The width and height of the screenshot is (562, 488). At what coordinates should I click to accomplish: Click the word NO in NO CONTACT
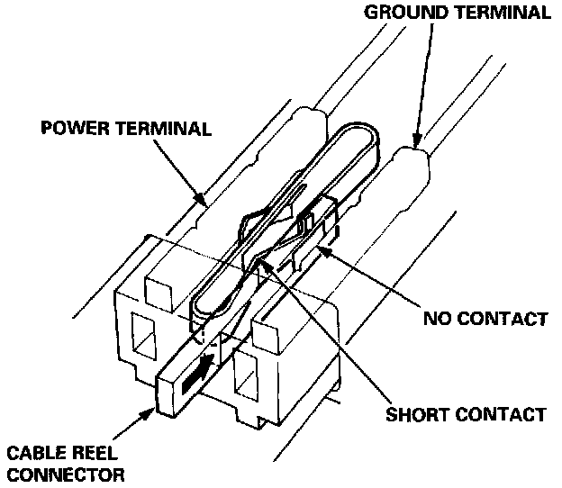[436, 319]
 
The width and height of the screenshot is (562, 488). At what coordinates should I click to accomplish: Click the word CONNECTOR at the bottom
[62, 474]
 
